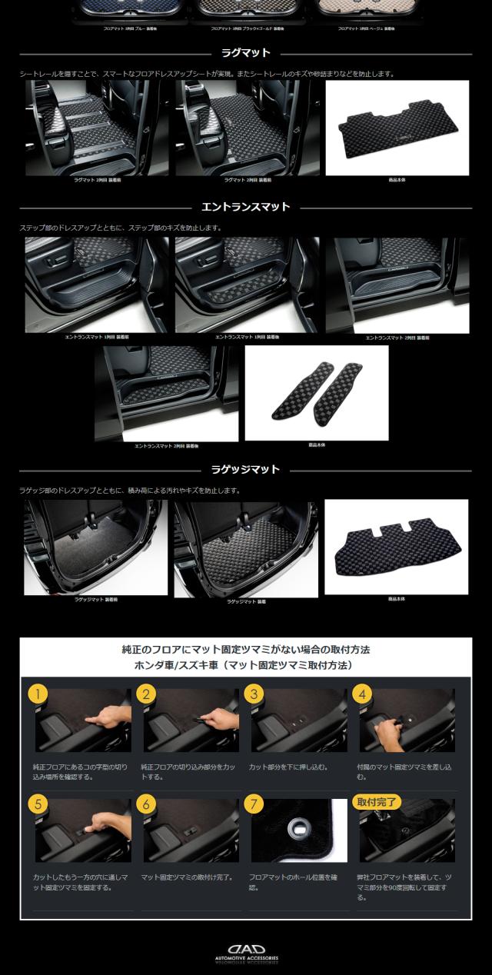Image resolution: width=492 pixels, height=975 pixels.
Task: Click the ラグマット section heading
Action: [x=245, y=54]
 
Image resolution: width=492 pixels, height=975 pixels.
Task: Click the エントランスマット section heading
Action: [x=245, y=207]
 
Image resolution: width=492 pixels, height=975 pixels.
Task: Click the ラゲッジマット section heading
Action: [x=245, y=469]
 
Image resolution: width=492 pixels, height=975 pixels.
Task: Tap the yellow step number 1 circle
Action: [x=38, y=694]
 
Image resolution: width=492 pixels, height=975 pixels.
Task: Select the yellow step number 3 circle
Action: [x=254, y=694]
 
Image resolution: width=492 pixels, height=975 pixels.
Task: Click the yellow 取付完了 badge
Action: [x=377, y=802]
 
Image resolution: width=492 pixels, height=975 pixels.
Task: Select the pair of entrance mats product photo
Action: [x=316, y=392]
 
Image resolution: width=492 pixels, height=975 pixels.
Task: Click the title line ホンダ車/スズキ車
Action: [x=245, y=664]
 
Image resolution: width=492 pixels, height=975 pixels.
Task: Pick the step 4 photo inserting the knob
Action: [x=407, y=721]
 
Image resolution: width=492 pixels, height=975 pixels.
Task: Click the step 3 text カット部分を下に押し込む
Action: [x=290, y=767]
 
